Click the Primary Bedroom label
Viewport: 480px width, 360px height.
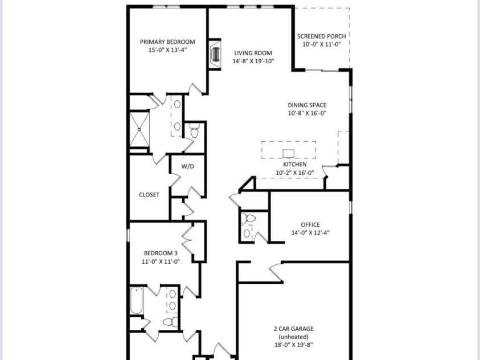(x=167, y=42)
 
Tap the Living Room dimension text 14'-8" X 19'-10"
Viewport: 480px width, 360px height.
(x=253, y=61)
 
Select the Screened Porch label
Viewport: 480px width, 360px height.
(x=322, y=36)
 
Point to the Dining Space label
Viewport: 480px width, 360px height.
(x=307, y=105)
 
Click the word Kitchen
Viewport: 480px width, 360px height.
(x=295, y=165)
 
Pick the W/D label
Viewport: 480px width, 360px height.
(x=187, y=167)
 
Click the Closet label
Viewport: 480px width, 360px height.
(x=149, y=195)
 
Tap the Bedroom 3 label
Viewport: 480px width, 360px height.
(x=161, y=253)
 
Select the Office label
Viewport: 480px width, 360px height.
(x=310, y=224)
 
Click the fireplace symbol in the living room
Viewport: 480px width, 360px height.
(x=215, y=55)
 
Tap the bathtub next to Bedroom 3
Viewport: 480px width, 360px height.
(x=136, y=301)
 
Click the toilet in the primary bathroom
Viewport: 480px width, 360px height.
(x=194, y=133)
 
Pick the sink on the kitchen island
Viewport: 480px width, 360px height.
(x=289, y=153)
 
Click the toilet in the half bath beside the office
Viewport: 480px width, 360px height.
(x=249, y=218)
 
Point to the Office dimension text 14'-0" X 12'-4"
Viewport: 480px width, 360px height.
(x=310, y=232)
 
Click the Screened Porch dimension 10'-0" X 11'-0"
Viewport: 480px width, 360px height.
(x=322, y=44)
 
